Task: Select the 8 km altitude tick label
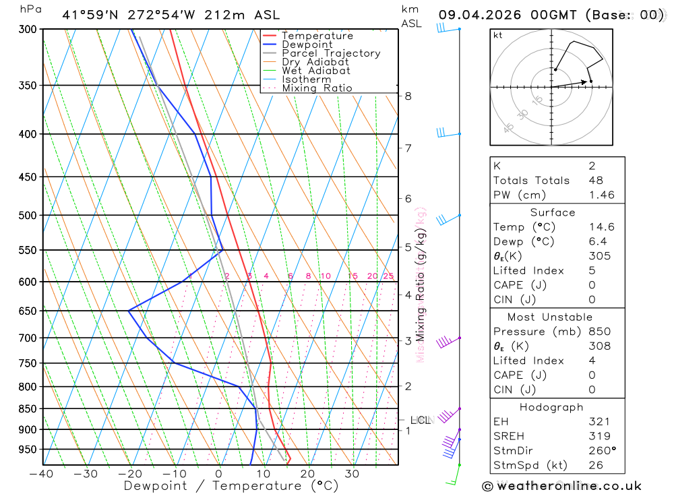[x=408, y=96]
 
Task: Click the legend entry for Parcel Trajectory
[x=331, y=53]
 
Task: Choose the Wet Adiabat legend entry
[x=316, y=71]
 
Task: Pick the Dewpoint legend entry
[x=307, y=44]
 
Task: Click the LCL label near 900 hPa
[x=421, y=421]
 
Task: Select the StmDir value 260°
[x=601, y=450]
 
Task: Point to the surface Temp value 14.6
[x=601, y=227]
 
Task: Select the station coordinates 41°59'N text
[x=90, y=14]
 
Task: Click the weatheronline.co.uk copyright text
[x=562, y=485]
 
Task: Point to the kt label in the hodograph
[x=498, y=35]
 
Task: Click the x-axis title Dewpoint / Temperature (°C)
[x=231, y=485]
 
